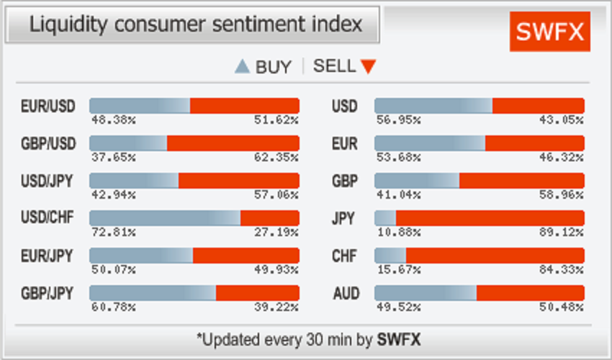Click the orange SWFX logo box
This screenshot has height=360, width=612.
[x=549, y=32]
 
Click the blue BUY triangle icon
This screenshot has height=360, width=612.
[x=243, y=68]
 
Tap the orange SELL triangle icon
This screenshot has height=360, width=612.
[x=368, y=67]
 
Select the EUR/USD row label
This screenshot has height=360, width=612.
[x=48, y=107]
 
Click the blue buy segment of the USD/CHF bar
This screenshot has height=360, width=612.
[x=164, y=217]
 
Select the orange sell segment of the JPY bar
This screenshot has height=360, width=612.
[x=490, y=217]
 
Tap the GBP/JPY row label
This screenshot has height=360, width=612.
[x=48, y=294]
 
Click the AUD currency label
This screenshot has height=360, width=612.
[x=345, y=294]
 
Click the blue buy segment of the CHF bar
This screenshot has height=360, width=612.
[x=390, y=256]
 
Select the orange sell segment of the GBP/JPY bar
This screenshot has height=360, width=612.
[x=257, y=293]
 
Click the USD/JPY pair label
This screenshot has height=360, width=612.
[x=48, y=180]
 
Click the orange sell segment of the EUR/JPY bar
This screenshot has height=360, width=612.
[x=246, y=256]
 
